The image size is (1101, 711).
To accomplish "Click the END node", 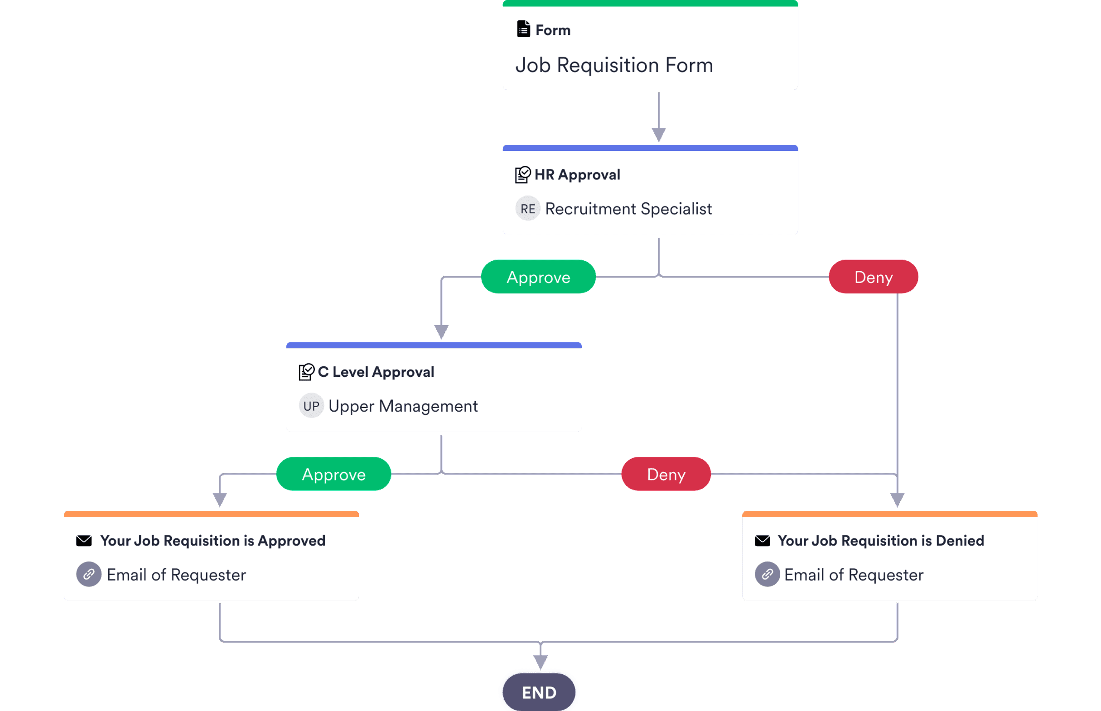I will point(539,692).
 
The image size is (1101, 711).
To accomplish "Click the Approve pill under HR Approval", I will point(538,277).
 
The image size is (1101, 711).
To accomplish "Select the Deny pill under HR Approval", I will point(873,277).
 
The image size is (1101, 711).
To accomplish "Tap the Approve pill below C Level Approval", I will point(333,474).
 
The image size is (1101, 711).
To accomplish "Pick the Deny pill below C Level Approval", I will point(666,474).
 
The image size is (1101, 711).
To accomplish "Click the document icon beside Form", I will point(523,29).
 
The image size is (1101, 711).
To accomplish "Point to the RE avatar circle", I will point(527,209).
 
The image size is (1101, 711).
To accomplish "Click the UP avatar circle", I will point(311,406).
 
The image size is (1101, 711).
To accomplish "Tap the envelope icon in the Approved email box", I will point(83,541).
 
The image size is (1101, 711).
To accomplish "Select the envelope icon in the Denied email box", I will point(762,541).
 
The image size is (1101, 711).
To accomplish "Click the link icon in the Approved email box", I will point(89,574).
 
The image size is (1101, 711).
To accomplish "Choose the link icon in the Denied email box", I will point(767,574).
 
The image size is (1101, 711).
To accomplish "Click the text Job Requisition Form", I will point(614,65).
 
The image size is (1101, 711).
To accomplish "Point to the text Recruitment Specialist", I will point(628,209).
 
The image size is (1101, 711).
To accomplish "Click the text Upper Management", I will point(403,406).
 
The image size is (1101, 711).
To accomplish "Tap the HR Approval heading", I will point(577,174).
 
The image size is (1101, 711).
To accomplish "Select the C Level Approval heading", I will point(376,372).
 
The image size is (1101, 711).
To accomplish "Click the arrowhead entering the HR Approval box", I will point(659,135).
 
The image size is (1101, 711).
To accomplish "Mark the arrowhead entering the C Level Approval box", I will point(441,331).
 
